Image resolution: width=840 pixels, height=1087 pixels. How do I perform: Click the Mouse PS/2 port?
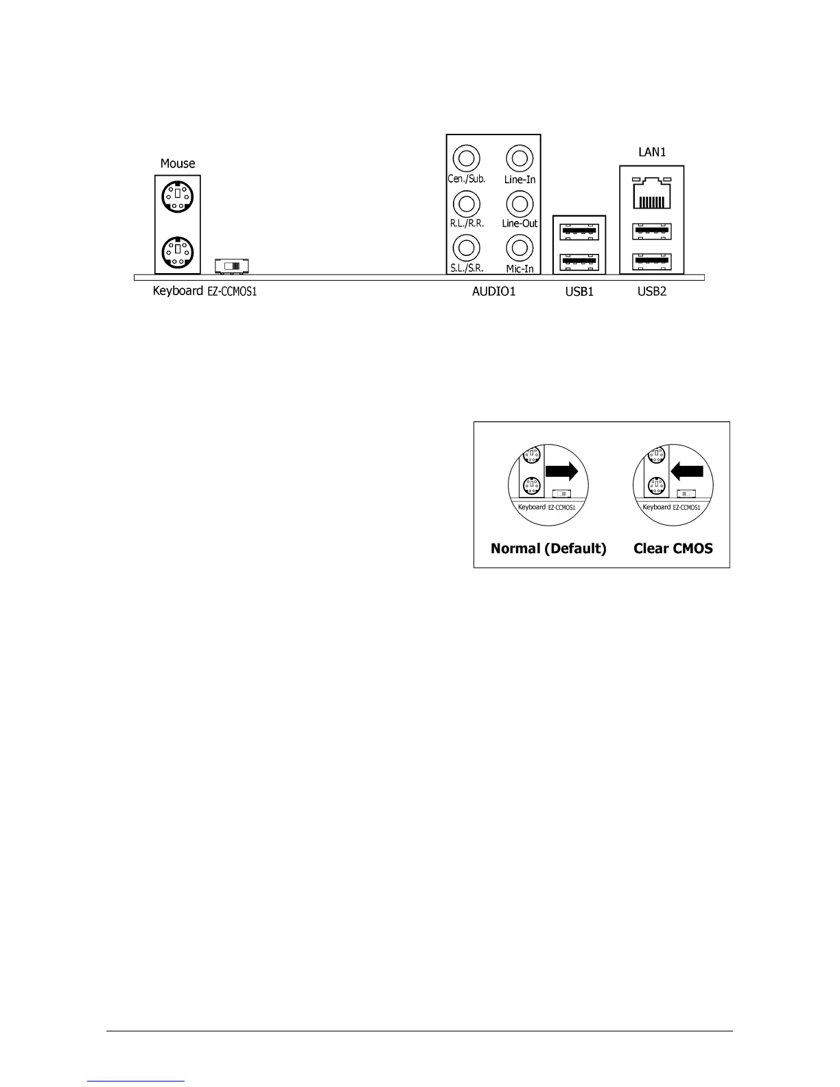coord(177,198)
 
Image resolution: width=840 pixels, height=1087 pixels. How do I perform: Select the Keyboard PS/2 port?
coord(177,251)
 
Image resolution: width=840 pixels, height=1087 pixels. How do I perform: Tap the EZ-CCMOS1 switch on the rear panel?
coord(231,266)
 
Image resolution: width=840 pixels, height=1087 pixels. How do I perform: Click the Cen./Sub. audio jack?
coord(467,159)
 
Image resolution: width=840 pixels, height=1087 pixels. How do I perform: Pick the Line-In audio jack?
coord(520,159)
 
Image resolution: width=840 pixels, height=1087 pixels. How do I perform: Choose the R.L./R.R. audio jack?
coord(467,203)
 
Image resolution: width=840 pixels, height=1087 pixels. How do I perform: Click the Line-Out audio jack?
coord(520,203)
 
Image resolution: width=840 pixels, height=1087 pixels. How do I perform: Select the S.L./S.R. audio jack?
coord(467,247)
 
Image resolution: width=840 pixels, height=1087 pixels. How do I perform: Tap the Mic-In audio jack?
coord(520,247)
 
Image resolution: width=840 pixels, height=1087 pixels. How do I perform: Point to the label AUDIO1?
coord(493,292)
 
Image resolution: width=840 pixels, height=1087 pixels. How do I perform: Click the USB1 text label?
coord(579,292)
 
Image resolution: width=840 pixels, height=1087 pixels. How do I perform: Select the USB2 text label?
coord(652,292)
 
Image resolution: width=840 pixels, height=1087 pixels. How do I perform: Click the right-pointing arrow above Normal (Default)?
coord(561,471)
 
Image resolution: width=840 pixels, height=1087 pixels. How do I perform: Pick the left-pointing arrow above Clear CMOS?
coord(687,471)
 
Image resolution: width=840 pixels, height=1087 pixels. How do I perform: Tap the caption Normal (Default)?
coord(548,548)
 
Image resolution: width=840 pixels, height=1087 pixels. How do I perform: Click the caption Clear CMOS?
coord(673,548)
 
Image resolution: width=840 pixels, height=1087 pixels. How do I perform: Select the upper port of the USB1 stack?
coord(580,231)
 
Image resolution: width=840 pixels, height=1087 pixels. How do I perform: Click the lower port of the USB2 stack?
coord(651,261)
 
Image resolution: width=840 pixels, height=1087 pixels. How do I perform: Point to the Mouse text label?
coord(178,163)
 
